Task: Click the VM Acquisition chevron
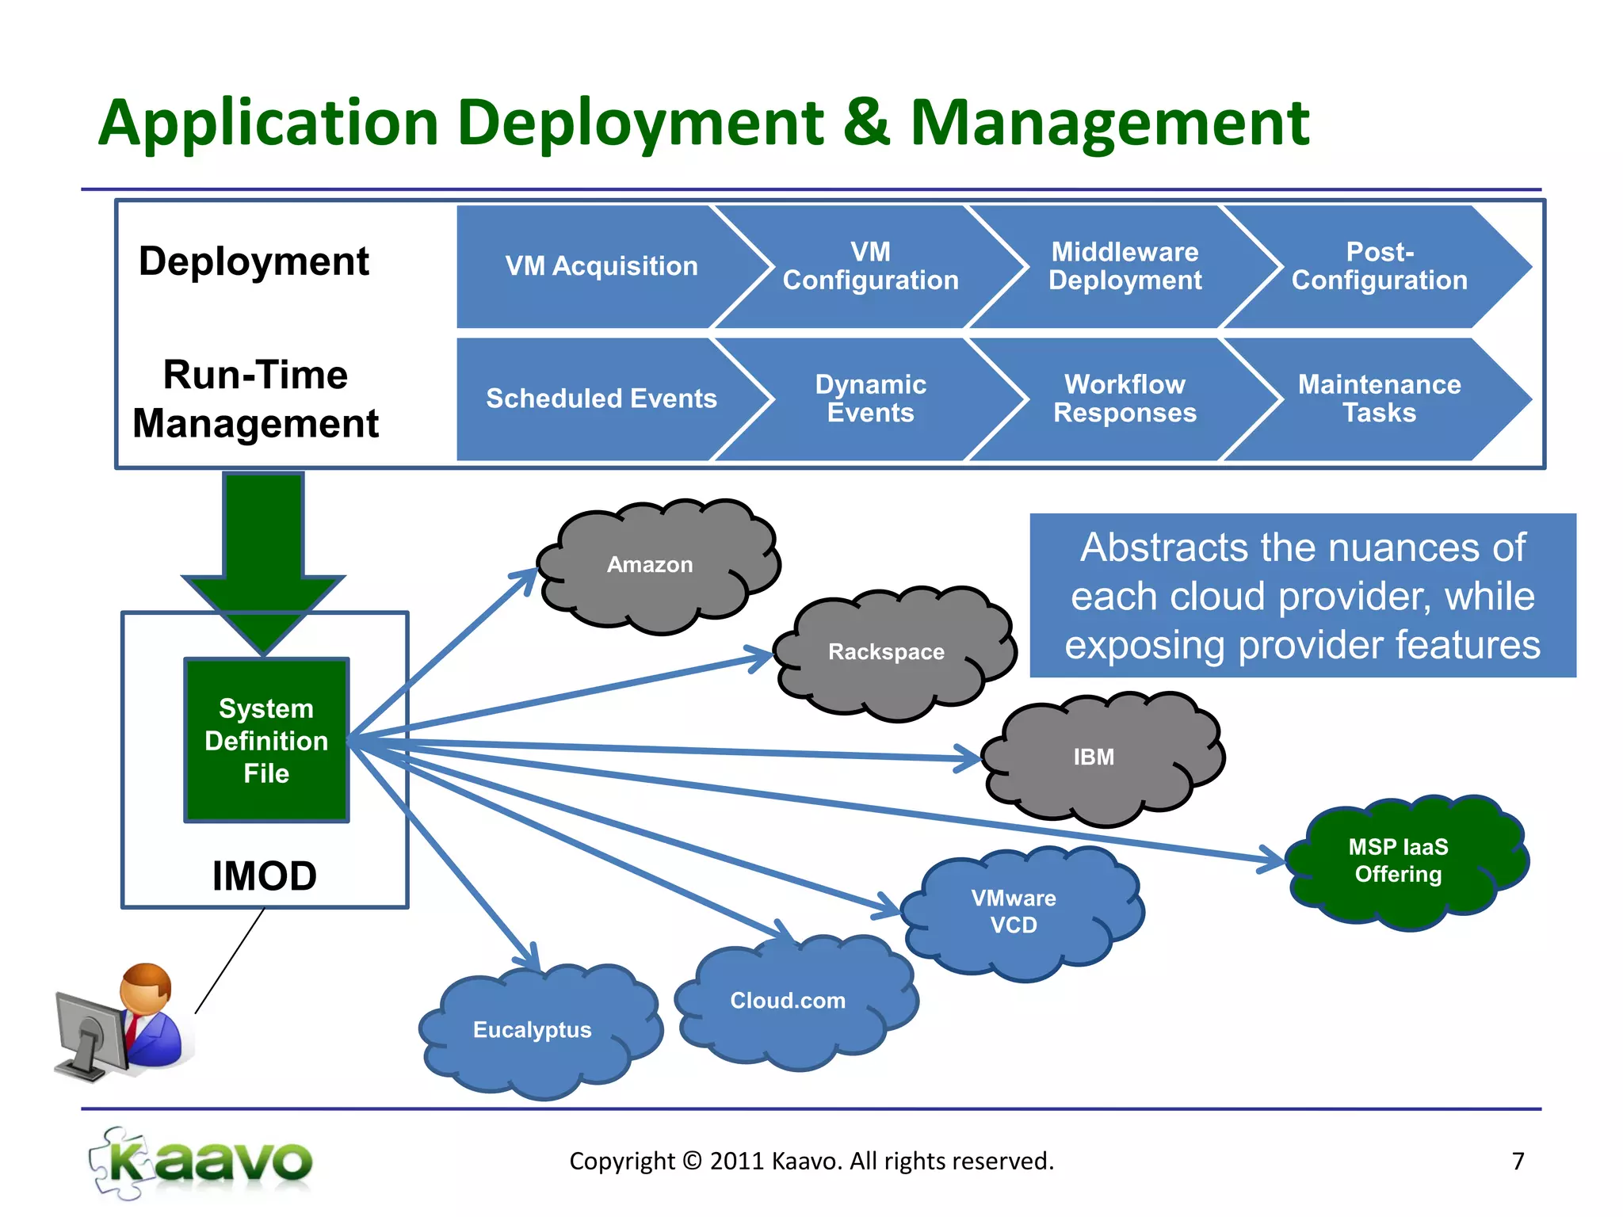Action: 601,266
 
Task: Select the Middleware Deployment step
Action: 1125,266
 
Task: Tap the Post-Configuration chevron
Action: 1379,266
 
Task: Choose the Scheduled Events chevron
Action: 601,399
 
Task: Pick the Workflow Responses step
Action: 1125,399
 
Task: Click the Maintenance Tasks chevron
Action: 1379,399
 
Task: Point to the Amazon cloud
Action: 650,565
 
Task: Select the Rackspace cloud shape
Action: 886,652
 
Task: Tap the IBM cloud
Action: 1094,757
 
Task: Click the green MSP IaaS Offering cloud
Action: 1398,861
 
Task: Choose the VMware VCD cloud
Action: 1014,912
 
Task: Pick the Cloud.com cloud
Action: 788,1001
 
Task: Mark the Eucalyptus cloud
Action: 533,1030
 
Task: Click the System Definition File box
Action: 266,741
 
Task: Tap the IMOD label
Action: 265,876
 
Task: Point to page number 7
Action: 1518,1162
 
